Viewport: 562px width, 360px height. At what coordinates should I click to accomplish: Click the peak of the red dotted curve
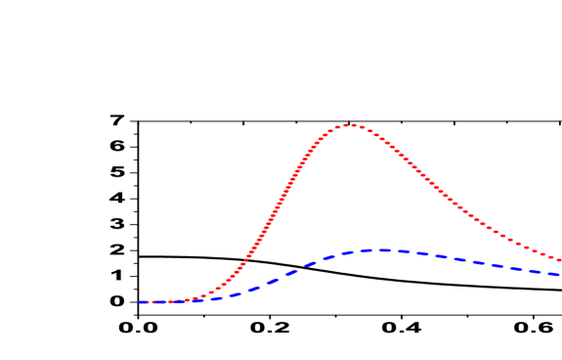(348, 125)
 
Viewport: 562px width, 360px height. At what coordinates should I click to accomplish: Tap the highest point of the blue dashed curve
(376, 249)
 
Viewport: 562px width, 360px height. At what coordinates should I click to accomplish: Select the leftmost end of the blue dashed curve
(140, 302)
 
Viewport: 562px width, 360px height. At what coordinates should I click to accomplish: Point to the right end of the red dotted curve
(559, 260)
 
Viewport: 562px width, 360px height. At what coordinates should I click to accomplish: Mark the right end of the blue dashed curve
(559, 275)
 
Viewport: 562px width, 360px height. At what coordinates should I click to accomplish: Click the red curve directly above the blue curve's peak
(376, 135)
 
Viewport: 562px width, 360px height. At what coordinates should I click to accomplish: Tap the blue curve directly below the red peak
(348, 252)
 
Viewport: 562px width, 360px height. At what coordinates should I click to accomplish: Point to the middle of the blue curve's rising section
(283, 275)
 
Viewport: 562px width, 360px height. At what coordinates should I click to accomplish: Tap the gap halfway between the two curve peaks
(362, 189)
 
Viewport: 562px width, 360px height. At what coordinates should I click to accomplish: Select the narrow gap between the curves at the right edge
(558, 267)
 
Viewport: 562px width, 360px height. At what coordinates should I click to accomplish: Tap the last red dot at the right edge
(559, 260)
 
